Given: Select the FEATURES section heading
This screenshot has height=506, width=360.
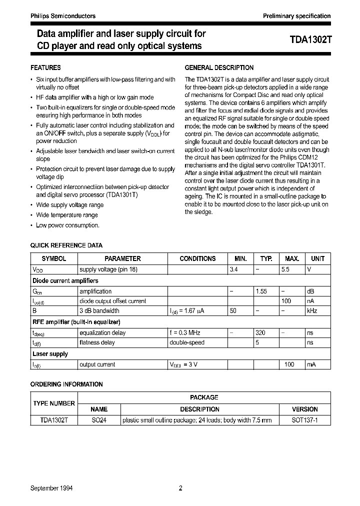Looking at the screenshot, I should [x=46, y=67].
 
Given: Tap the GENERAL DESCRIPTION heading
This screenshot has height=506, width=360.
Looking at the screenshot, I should [x=219, y=67].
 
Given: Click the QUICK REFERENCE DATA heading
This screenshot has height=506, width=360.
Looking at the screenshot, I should [x=66, y=245].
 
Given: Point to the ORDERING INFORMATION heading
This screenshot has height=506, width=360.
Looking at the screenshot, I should [x=66, y=384].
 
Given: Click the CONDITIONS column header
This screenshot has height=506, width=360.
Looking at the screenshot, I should [x=197, y=259].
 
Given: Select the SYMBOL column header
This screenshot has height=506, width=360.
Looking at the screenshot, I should [x=53, y=259].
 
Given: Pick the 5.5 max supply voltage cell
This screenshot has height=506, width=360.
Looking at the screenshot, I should [x=292, y=269].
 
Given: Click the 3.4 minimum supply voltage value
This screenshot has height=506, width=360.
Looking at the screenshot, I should [x=233, y=269].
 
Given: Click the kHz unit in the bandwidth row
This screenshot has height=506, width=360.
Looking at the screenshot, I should [x=312, y=310].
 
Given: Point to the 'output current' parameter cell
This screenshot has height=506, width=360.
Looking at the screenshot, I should [x=97, y=364].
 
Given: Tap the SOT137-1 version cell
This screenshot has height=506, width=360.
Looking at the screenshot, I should [x=304, y=420].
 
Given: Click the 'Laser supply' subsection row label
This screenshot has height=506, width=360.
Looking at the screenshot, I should [x=50, y=354].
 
